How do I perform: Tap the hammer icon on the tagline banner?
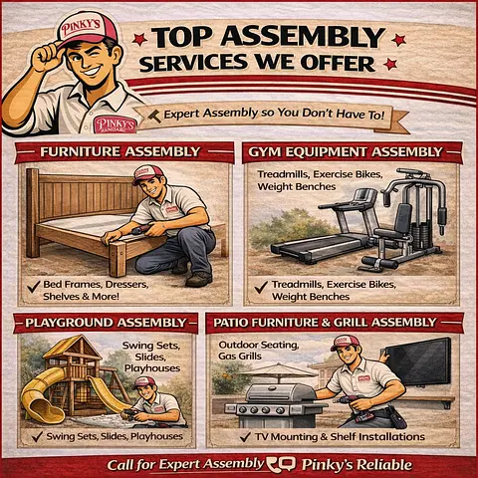tap(153, 116)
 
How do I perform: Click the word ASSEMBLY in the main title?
tap(303, 37)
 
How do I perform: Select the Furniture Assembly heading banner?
tap(124, 152)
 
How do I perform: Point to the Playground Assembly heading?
tap(106, 323)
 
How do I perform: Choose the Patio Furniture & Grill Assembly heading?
tap(335, 323)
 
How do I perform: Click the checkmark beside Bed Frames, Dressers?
tap(34, 286)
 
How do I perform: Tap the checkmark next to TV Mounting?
tap(245, 437)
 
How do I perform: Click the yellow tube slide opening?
tap(44, 410)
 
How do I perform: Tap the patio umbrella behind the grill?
tap(278, 371)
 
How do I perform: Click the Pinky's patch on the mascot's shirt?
tap(116, 124)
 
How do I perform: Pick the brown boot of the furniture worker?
tap(198, 280)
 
